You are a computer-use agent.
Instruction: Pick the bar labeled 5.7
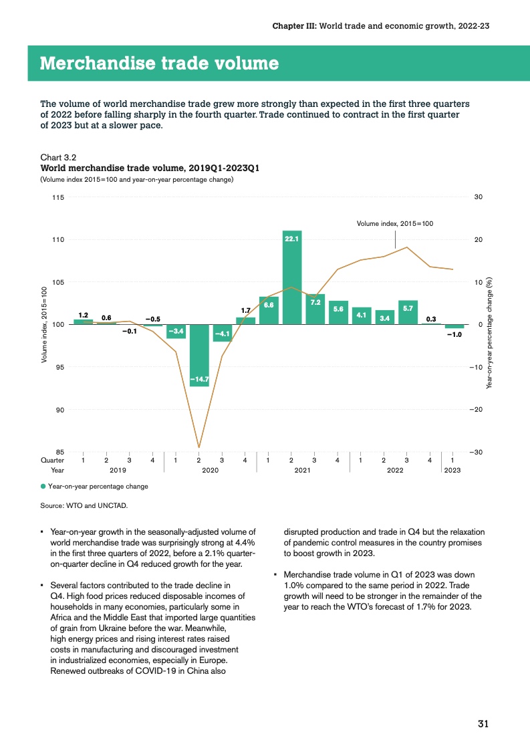pyautogui.click(x=408, y=312)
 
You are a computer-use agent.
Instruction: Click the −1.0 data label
pyautogui.click(x=454, y=334)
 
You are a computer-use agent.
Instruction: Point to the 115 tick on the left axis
pyautogui.click(x=58, y=197)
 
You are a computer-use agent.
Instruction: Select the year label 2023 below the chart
pyautogui.click(x=452, y=471)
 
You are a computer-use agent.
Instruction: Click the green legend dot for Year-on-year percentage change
pyautogui.click(x=43, y=486)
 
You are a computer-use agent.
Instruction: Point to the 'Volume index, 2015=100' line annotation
pyautogui.click(x=394, y=223)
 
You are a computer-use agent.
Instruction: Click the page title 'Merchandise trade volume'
pyautogui.click(x=159, y=64)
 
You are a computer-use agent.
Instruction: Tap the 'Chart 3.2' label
pyautogui.click(x=58, y=158)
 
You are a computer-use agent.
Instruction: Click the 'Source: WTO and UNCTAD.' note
pyautogui.click(x=84, y=505)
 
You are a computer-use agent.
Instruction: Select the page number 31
pyautogui.click(x=484, y=723)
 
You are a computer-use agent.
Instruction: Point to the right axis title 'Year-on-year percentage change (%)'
pyautogui.click(x=490, y=332)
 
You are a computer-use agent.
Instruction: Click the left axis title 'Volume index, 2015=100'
pyautogui.click(x=44, y=325)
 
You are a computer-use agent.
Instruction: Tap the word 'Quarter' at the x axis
pyautogui.click(x=53, y=461)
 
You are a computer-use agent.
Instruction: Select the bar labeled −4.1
pyautogui.click(x=222, y=333)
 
